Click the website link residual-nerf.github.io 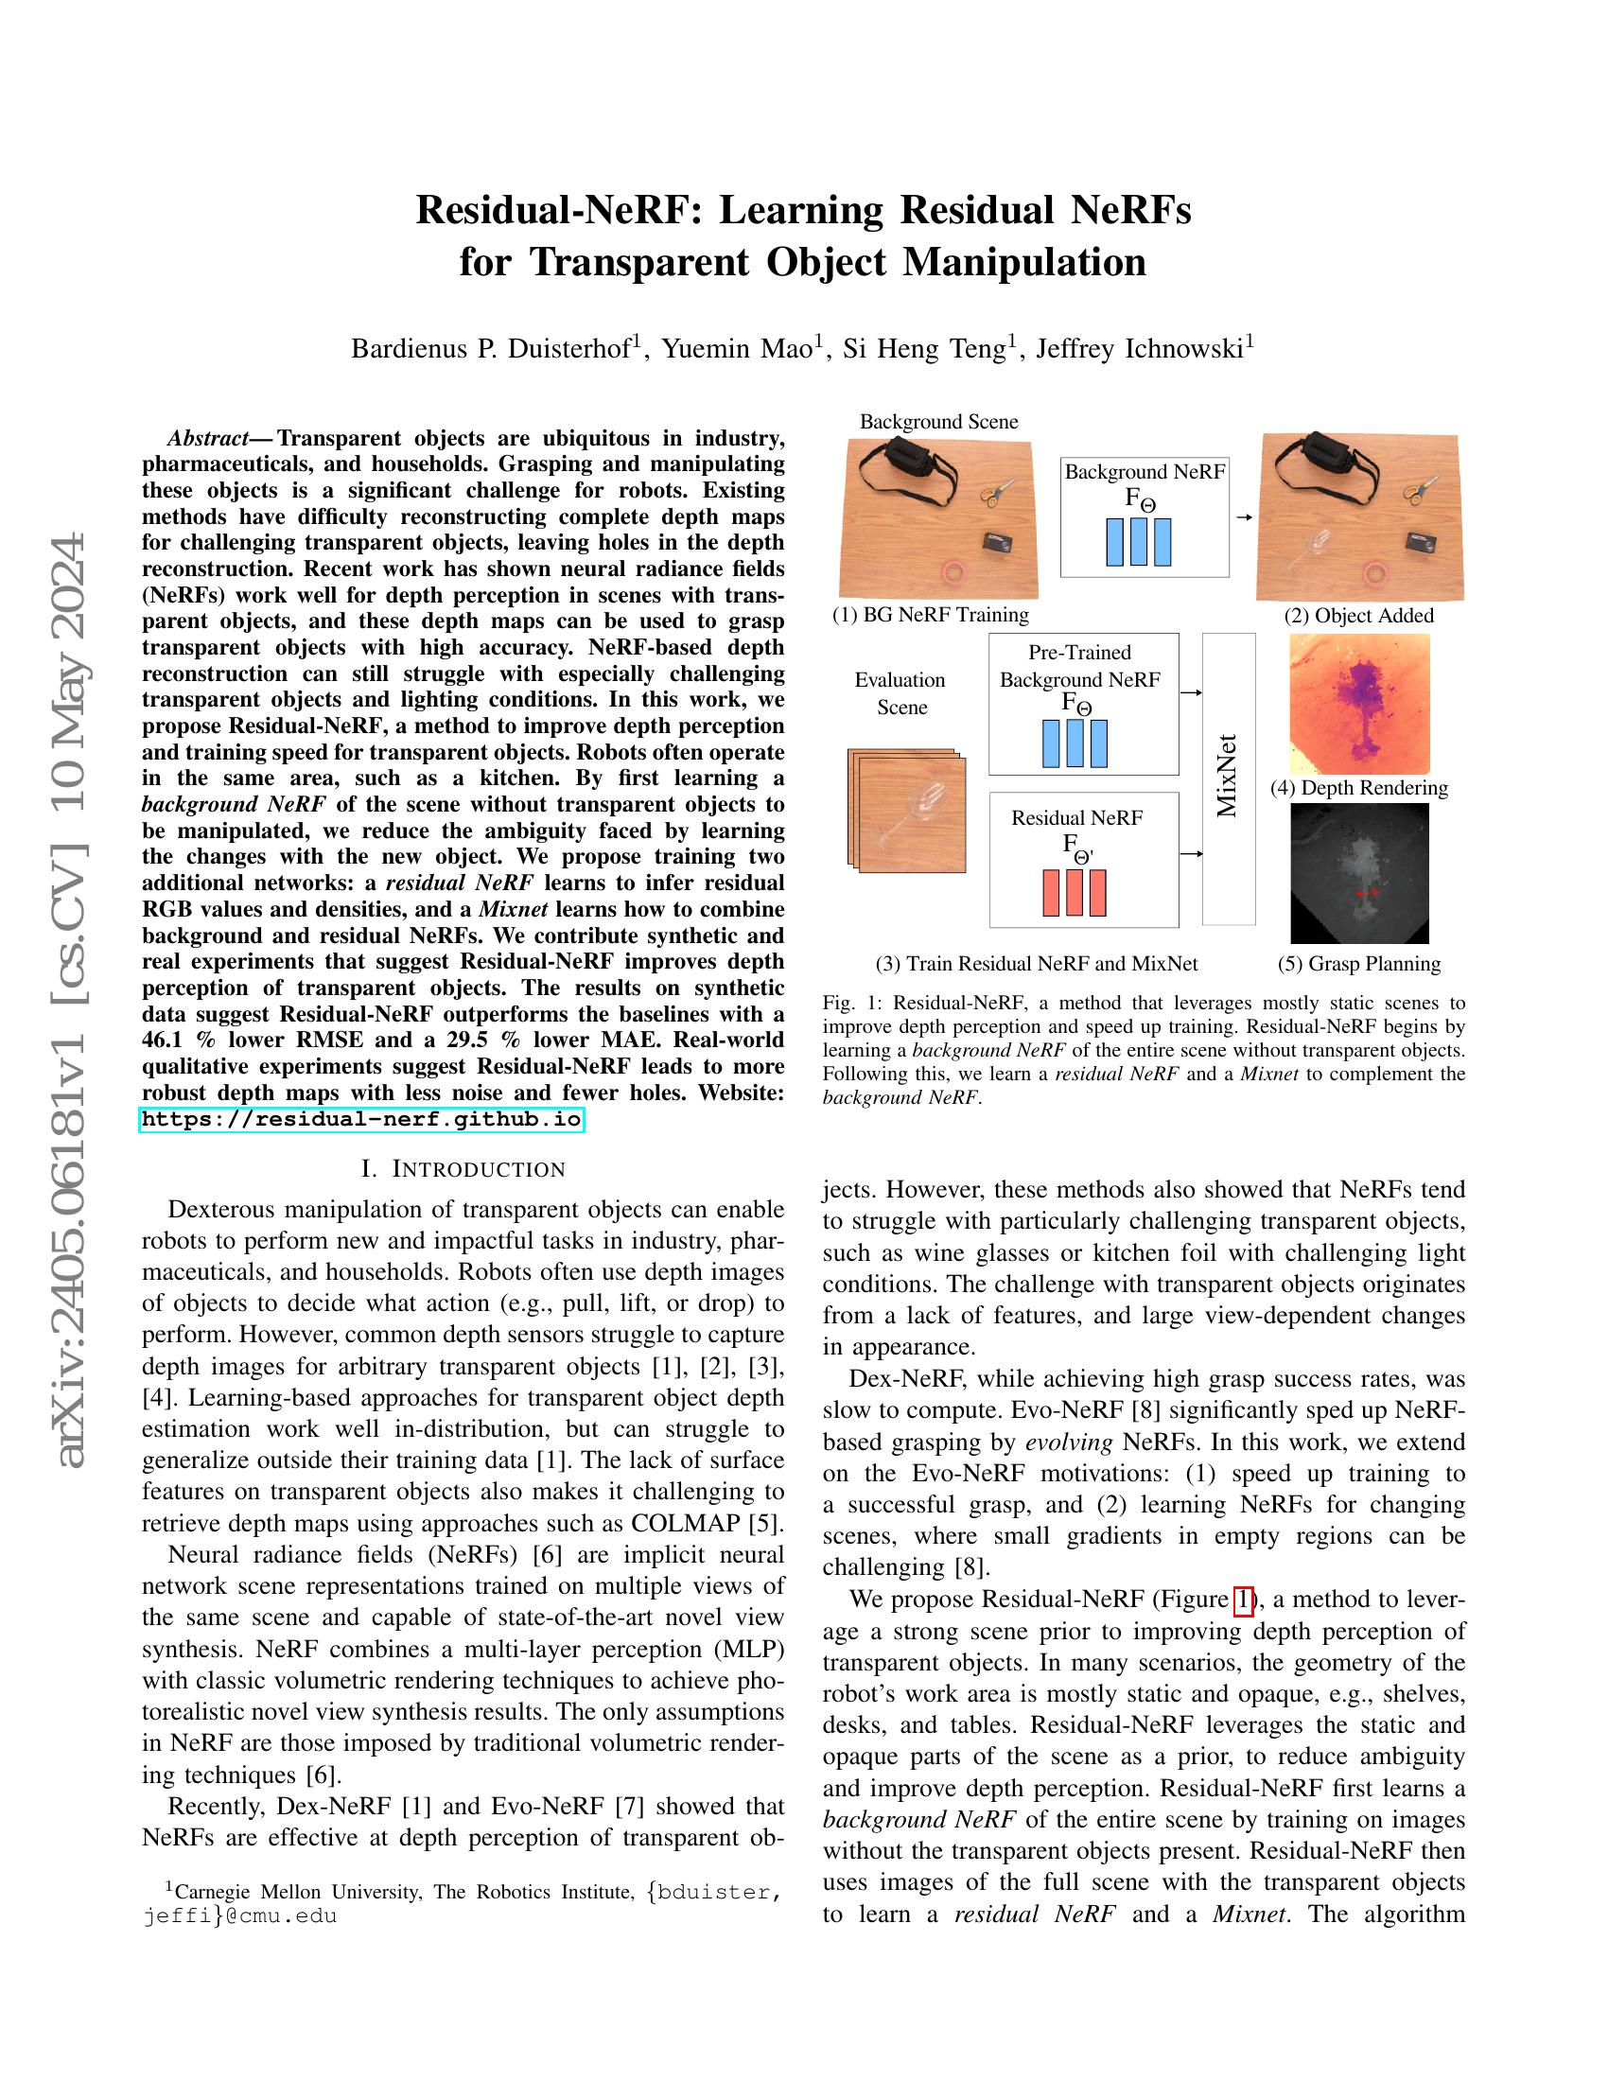coord(361,1120)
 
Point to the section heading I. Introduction coord(463,1169)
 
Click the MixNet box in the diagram coord(1228,778)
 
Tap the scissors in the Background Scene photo coord(995,493)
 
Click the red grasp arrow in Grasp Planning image coord(1368,893)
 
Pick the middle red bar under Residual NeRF coord(1075,893)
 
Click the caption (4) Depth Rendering coord(1358,788)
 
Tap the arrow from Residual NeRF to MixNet coord(1191,854)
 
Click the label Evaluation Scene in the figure coord(900,693)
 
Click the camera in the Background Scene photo coord(1002,543)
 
